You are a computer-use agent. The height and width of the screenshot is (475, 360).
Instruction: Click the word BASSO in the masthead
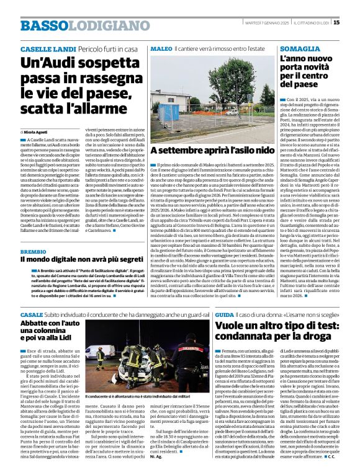coord(42,25)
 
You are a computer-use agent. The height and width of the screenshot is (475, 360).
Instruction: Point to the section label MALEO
coord(160,48)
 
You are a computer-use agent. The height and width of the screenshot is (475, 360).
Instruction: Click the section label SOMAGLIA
coord(302,48)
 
